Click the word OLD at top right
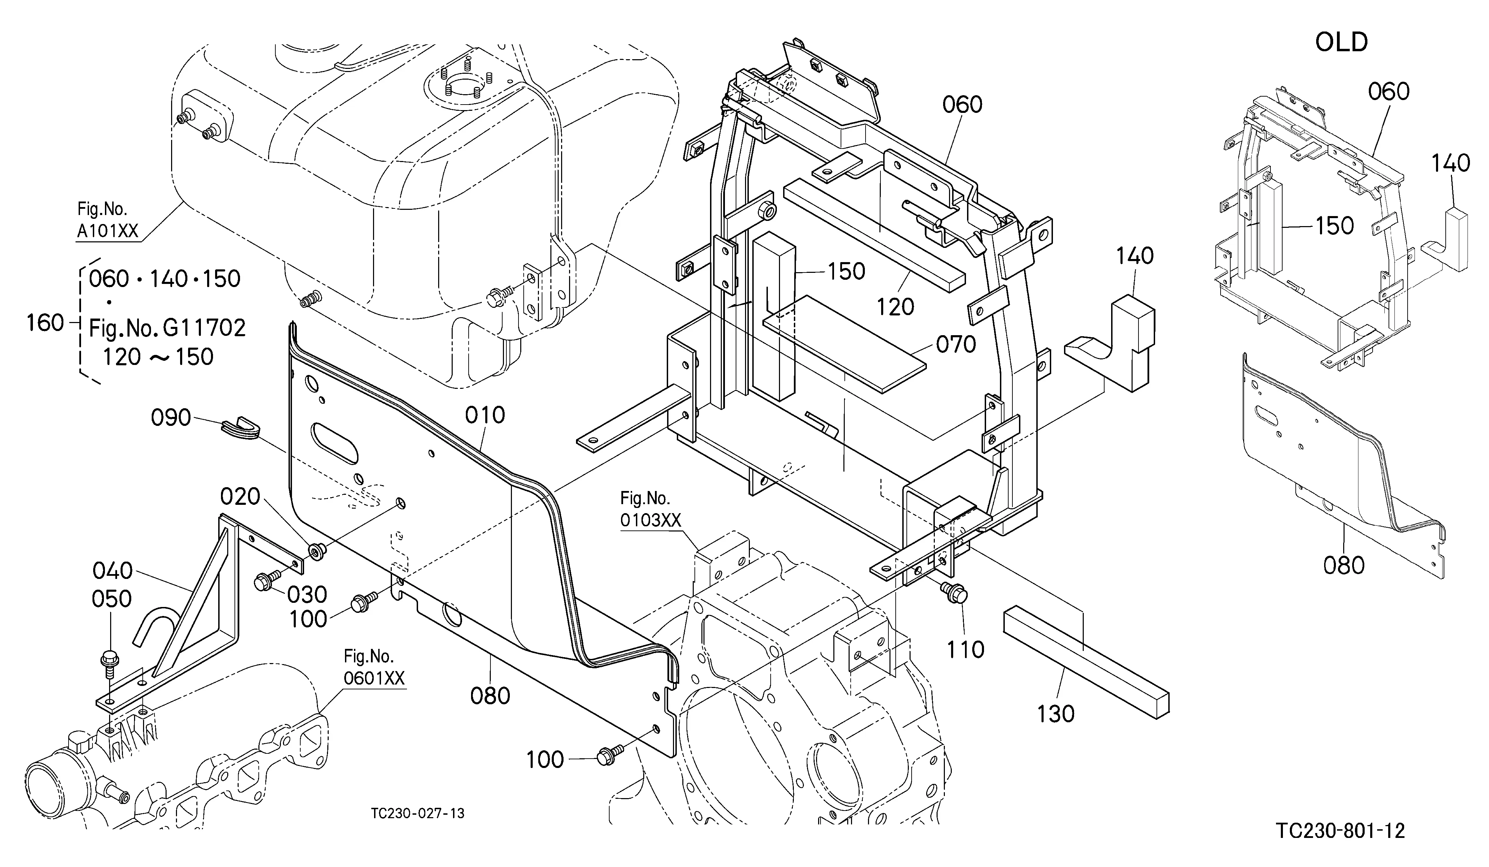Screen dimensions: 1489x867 click(x=1341, y=42)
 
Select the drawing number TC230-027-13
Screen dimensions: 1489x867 click(x=418, y=813)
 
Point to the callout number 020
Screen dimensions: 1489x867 click(x=240, y=497)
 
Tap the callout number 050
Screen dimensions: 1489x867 click(x=112, y=599)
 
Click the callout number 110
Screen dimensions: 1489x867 click(x=966, y=650)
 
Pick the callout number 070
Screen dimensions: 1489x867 click(x=956, y=344)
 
